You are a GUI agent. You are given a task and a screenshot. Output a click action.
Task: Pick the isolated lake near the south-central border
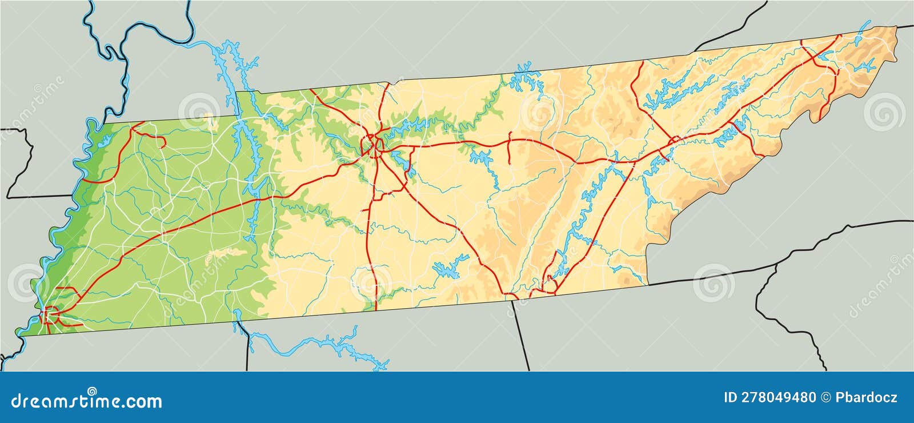tap(451, 266)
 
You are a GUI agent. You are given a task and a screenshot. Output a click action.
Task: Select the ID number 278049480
tap(769, 397)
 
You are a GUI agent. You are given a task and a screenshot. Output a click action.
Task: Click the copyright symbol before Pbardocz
tap(825, 397)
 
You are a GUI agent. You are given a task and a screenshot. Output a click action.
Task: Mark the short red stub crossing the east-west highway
tap(508, 150)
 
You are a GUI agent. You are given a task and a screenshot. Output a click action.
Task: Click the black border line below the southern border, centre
tap(520, 337)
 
